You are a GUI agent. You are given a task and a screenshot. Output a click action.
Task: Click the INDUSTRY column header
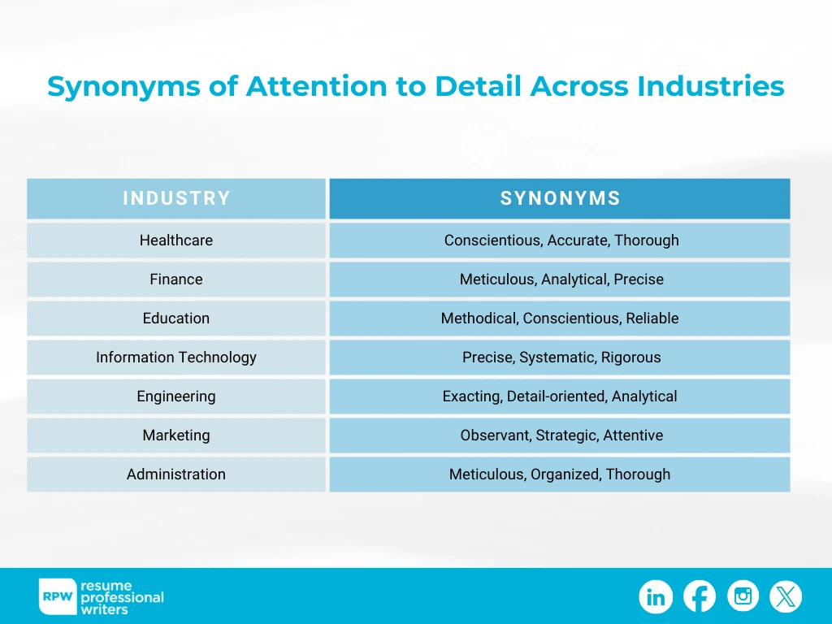click(176, 198)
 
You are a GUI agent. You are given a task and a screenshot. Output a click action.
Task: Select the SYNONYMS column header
click(560, 198)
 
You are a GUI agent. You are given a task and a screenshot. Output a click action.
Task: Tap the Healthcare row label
click(176, 240)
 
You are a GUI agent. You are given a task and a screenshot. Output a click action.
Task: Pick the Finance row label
click(176, 279)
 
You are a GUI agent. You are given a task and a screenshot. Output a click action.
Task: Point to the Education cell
click(176, 318)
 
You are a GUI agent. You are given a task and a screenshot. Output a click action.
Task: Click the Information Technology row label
click(176, 357)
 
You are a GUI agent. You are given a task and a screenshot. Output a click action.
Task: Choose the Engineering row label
click(176, 396)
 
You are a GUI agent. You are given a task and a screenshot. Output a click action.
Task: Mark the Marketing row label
click(176, 435)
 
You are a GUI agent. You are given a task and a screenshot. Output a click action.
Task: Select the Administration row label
click(176, 474)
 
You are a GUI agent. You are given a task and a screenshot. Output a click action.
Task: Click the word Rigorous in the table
click(630, 357)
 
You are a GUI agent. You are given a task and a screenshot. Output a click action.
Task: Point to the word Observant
click(495, 435)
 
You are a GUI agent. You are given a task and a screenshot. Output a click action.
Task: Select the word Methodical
click(479, 318)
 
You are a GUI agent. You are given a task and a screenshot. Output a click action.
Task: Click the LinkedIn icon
click(656, 597)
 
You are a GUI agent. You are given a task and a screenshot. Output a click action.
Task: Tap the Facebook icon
click(700, 597)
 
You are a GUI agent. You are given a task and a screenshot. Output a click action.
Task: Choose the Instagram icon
click(743, 597)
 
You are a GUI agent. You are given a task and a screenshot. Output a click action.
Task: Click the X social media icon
click(786, 597)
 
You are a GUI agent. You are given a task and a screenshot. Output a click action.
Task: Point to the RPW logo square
click(58, 597)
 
